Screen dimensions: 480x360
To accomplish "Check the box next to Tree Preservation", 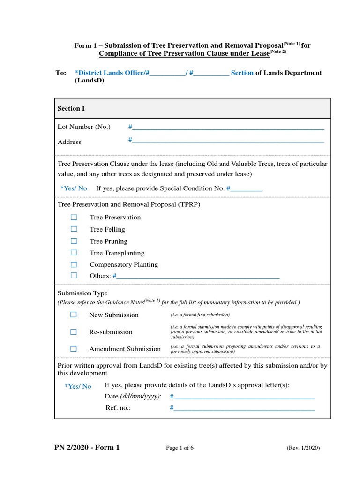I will (74, 217).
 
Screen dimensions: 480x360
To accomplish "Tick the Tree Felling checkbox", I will (74, 229).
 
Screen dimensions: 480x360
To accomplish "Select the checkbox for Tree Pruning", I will (74, 241).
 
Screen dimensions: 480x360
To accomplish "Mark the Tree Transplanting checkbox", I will (74, 253).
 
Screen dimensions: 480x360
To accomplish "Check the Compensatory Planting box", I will (74, 264).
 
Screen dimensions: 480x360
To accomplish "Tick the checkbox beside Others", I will (74, 276).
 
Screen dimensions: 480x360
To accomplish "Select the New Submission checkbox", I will (74, 315).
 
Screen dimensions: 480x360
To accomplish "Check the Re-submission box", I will (74, 332).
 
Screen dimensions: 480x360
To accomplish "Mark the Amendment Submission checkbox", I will (74, 349).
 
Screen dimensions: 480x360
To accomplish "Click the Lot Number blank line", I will (227, 127).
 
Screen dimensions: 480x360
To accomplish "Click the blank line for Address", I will (227, 141).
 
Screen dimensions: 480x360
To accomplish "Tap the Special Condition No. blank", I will (246, 189).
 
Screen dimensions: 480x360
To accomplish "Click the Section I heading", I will (71, 108).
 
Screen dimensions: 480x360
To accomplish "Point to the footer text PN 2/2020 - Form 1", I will (87, 447).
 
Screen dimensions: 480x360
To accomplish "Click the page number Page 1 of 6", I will (180, 448).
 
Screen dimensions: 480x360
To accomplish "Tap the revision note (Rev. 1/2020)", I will (303, 448).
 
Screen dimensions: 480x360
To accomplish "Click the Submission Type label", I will (82, 293).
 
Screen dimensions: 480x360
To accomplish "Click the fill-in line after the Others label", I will (197, 277).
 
